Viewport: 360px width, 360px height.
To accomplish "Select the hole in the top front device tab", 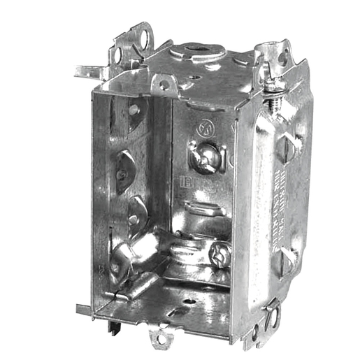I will point(164,85).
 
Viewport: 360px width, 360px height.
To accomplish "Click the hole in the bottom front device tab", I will point(162,338).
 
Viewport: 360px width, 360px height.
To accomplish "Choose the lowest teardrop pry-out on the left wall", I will point(136,209).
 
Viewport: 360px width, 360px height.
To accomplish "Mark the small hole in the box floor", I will point(187,303).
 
